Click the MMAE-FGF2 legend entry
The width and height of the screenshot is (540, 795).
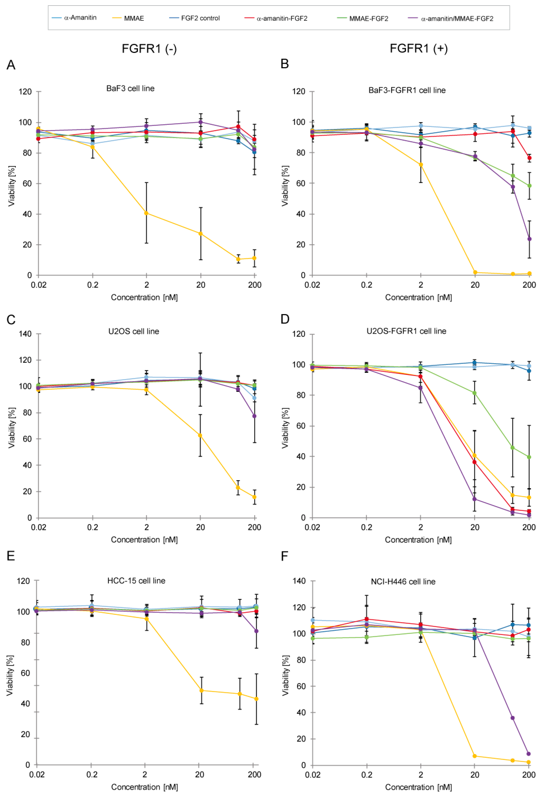click(x=368, y=19)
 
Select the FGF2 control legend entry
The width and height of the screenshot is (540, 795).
click(x=200, y=18)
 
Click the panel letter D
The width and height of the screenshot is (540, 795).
click(x=285, y=319)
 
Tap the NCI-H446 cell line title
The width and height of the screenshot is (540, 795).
click(x=403, y=582)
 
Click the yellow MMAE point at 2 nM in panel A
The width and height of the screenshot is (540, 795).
click(x=147, y=213)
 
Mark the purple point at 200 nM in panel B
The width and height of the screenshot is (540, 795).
click(x=529, y=239)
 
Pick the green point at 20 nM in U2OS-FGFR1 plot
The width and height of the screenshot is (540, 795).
click(x=474, y=393)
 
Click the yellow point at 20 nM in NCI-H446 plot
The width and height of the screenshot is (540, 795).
click(x=474, y=756)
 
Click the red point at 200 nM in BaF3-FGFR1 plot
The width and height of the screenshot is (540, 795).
click(x=529, y=158)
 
